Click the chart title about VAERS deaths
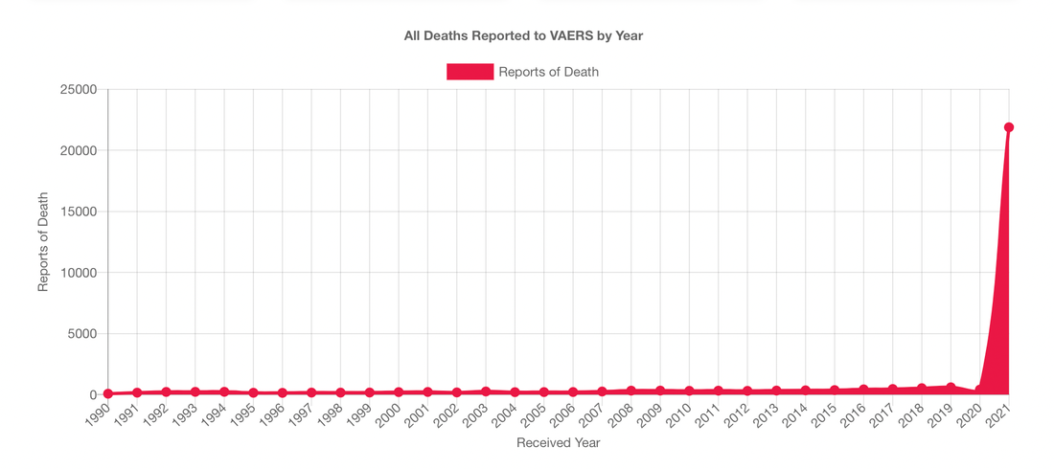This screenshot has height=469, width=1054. [523, 36]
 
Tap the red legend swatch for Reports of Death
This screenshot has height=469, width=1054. [470, 72]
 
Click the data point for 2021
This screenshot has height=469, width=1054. [1009, 127]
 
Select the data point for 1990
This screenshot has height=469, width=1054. [108, 393]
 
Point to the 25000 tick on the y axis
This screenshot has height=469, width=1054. [80, 90]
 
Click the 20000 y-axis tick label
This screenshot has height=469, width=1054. [80, 151]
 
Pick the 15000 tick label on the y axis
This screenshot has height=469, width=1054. [80, 212]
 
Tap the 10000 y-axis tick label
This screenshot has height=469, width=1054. [80, 273]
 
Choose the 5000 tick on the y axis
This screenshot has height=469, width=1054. [83, 334]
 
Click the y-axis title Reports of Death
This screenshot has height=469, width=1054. [43, 242]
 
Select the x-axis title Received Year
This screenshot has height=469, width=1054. [559, 443]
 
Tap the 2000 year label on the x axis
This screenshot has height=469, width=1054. [388, 416]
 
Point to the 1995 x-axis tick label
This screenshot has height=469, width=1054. [243, 416]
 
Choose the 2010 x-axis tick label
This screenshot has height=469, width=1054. [678, 416]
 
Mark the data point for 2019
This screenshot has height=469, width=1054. [951, 388]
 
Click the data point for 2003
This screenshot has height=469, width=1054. [486, 391]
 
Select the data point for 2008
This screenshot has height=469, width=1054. [630, 391]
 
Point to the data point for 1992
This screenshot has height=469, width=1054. [166, 391]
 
